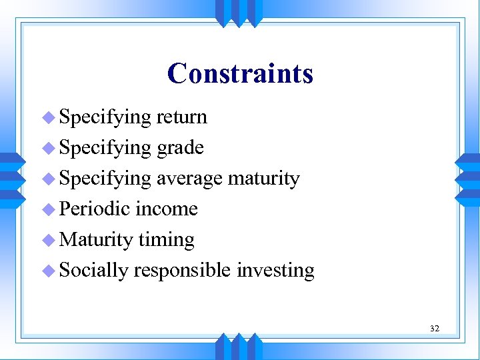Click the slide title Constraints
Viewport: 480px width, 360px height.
240,73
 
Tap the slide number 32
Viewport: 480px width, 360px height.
435,328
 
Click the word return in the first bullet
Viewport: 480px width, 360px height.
181,117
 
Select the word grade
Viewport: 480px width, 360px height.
180,148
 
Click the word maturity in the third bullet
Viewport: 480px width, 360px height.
263,179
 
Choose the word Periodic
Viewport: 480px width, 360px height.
95,209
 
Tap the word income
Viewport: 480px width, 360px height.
167,209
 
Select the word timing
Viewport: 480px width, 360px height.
166,240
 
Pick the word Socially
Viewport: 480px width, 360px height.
93,271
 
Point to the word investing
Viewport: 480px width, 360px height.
275,271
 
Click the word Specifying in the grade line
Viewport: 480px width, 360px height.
105,148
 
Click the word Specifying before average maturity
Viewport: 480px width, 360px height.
105,179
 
